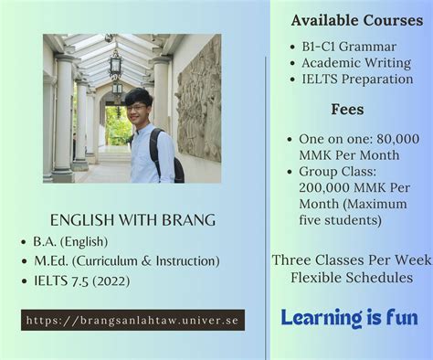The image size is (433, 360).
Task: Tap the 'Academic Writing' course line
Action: pyautogui.click(x=357, y=62)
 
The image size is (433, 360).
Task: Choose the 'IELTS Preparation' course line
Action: pyautogui.click(x=357, y=79)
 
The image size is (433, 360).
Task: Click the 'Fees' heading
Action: pyautogui.click(x=349, y=109)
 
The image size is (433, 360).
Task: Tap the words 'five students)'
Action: pyautogui.click(x=341, y=220)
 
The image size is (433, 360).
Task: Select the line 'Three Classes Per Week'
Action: pyautogui.click(x=351, y=260)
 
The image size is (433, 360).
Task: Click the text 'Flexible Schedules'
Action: pyautogui.click(x=351, y=277)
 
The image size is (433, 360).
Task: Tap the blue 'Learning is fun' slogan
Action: pyautogui.click(x=350, y=318)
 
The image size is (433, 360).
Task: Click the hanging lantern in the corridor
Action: pyautogui.click(x=116, y=66)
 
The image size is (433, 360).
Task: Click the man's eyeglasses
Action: pyautogui.click(x=137, y=107)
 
